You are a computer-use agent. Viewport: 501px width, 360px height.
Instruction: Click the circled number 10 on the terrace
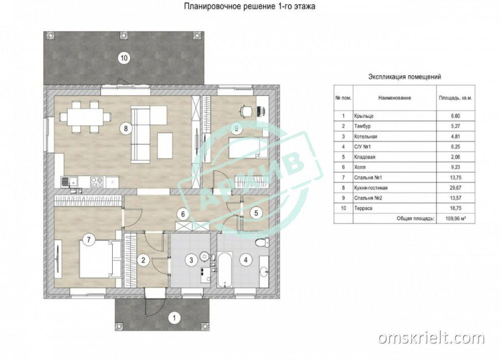click(x=124, y=58)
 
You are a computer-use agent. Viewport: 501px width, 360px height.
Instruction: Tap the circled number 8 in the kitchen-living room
click(x=126, y=128)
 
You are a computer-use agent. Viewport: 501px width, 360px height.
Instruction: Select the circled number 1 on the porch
click(x=174, y=318)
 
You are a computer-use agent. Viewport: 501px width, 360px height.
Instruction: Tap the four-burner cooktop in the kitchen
click(x=97, y=182)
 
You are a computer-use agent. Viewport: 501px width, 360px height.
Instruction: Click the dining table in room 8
click(x=85, y=116)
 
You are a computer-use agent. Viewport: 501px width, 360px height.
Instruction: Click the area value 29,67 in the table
click(x=455, y=188)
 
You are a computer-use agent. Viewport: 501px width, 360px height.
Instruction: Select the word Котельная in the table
click(x=366, y=136)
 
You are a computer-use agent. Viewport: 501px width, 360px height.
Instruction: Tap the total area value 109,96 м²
click(x=455, y=219)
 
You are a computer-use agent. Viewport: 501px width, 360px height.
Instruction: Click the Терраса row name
click(x=363, y=208)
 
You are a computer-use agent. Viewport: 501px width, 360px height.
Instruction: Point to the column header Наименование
click(x=395, y=98)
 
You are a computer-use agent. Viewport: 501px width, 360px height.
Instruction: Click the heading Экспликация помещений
click(x=404, y=77)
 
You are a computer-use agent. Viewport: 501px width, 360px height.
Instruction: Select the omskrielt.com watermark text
click(x=431, y=337)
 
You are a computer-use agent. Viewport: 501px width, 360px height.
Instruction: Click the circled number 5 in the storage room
click(x=256, y=213)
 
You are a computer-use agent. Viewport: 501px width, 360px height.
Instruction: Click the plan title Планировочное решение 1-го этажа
click(x=249, y=6)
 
